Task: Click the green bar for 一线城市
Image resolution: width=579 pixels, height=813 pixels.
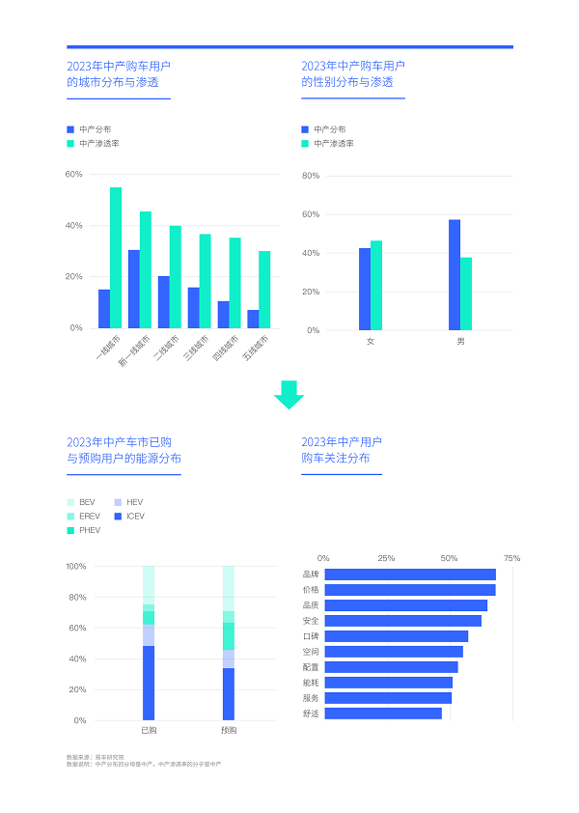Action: (x=116, y=257)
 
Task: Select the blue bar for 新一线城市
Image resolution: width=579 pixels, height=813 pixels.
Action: (x=134, y=289)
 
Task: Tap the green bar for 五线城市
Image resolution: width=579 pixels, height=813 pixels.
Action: (x=264, y=289)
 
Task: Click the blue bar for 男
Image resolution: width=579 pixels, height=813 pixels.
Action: (x=455, y=274)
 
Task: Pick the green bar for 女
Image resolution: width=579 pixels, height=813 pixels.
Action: (x=376, y=285)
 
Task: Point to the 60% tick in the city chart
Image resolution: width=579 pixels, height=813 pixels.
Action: (x=74, y=175)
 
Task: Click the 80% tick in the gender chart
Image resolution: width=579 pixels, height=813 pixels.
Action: (x=310, y=176)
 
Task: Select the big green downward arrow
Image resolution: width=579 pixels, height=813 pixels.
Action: (x=289, y=395)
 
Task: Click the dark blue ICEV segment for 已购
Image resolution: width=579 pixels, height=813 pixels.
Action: (x=149, y=683)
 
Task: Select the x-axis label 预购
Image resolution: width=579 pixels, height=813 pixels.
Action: (x=229, y=730)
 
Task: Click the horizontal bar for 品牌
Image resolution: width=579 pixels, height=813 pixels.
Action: (x=410, y=575)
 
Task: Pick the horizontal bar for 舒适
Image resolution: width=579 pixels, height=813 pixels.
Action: (x=383, y=714)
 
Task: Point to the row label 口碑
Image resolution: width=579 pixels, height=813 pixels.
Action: (x=310, y=636)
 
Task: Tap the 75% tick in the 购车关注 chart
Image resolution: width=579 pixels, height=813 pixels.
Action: (x=511, y=558)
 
